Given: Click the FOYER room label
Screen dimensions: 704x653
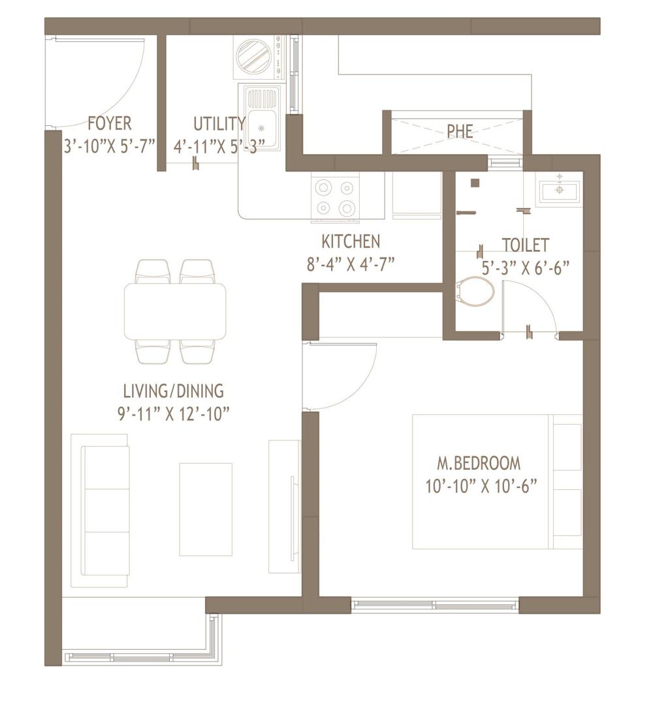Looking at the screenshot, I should click(109, 123).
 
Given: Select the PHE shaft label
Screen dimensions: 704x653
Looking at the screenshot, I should click(460, 131).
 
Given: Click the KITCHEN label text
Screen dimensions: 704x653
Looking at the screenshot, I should click(351, 242).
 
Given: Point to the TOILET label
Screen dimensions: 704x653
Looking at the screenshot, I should click(525, 245).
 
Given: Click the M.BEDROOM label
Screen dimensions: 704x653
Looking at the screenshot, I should click(479, 464).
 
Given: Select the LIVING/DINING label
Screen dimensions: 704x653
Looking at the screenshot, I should click(173, 391).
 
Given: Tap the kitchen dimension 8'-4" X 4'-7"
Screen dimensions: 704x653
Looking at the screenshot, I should click(351, 264).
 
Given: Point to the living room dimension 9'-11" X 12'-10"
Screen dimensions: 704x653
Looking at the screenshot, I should click(173, 414).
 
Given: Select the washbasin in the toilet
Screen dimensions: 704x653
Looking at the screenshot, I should click(559, 190).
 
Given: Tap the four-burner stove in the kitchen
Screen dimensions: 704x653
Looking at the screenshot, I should click(336, 197).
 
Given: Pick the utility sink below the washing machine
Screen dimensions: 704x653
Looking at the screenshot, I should click(263, 117).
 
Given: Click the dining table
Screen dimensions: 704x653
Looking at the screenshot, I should click(175, 311).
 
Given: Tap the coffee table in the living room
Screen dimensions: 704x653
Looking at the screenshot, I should click(205, 509).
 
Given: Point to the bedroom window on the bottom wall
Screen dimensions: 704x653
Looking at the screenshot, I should click(435, 605).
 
